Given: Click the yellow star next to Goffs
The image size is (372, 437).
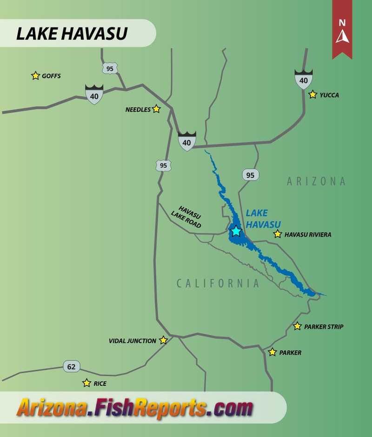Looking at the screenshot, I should pos(35,75).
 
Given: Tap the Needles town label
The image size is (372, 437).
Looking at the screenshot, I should pos(138,110).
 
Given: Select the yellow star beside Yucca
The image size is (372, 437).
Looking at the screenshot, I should pos(313,94).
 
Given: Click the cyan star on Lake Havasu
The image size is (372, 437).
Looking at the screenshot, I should pos(236,231).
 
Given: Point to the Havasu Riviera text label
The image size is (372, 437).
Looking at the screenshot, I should pos(308,235).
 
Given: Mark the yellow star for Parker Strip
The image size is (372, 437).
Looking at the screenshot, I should pos(297,326).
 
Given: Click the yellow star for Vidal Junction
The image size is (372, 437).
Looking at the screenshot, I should pos(163,340).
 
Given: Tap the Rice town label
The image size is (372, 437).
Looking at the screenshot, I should pos(100,383).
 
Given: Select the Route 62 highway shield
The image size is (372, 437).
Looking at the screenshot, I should pos(72,366).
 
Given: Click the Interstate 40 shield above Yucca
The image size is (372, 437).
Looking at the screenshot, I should pos(303,80).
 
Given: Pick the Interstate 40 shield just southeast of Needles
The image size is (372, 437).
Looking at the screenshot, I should pos(187,141).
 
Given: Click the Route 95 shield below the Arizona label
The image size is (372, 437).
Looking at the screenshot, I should pos(250,175).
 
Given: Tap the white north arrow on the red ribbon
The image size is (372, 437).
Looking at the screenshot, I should pos(342,35).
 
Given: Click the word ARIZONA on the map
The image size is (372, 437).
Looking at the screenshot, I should pos(316,181).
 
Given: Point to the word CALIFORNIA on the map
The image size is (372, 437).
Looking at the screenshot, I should pos(218,283).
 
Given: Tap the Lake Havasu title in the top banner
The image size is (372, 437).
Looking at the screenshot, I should pos(72,34).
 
